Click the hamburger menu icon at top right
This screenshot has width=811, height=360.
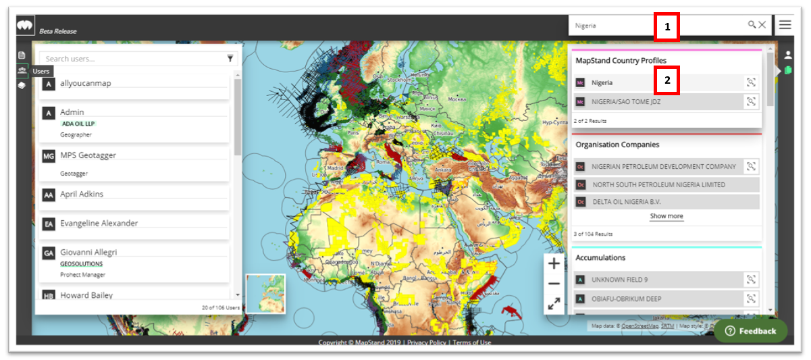tap(785, 25)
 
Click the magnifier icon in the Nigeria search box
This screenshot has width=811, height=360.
tap(752, 25)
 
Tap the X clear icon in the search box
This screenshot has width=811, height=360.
tap(762, 25)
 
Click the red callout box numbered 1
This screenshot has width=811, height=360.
tap(667, 27)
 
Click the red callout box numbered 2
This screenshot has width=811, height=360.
tap(667, 80)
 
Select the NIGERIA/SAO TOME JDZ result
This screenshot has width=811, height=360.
tap(626, 102)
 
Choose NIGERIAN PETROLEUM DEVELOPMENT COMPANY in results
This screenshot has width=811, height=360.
tap(663, 166)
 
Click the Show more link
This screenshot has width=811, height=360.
tap(666, 216)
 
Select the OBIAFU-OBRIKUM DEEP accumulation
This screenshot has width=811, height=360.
tap(626, 299)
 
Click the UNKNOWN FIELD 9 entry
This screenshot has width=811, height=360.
tap(619, 280)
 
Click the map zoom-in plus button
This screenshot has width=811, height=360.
tap(554, 263)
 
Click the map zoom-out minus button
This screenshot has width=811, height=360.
tap(554, 284)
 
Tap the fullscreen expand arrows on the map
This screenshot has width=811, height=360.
tap(554, 304)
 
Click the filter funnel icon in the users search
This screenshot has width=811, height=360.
tap(230, 59)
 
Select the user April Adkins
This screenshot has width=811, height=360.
tap(82, 195)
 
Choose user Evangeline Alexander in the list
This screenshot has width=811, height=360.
tap(99, 224)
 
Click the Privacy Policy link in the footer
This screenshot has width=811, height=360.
tap(427, 342)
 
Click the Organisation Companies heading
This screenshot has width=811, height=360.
tap(617, 145)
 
